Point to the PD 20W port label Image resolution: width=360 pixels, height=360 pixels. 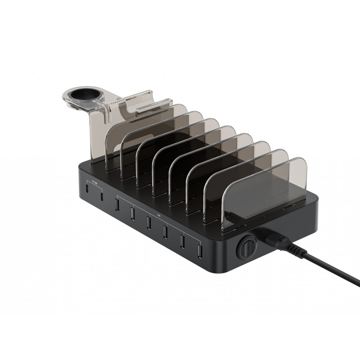tap(94, 183)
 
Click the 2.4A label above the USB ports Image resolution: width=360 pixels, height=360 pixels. tap(158, 215)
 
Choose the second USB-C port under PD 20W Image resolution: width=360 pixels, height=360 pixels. tap(102, 197)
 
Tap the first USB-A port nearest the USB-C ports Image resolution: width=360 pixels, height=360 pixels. tap(117, 203)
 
